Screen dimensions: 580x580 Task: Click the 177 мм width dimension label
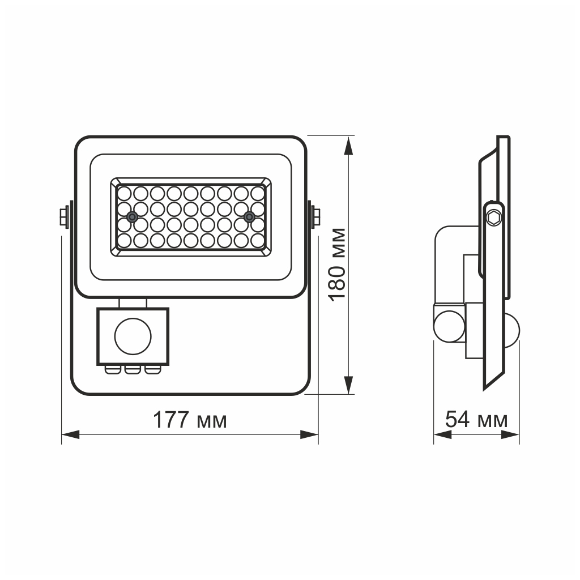pos(190,420)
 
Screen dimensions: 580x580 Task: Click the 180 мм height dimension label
pos(338,264)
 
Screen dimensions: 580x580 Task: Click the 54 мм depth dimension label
pos(476,420)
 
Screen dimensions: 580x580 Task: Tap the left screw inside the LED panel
pos(132,217)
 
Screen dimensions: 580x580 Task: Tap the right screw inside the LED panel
pos(248,217)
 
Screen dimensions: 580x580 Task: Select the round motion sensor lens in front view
pos(133,336)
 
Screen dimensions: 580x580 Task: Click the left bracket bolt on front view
pos(64,216)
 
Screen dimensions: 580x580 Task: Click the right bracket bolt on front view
pos(315,216)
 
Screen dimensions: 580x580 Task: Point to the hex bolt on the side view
pos(495,217)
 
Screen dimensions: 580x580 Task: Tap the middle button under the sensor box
pos(133,369)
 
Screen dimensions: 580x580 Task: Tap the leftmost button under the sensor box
pos(113,369)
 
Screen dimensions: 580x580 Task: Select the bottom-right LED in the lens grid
pos(257,240)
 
